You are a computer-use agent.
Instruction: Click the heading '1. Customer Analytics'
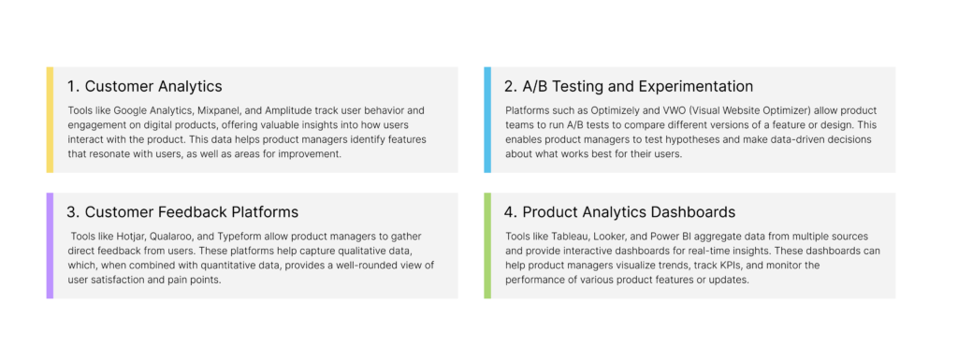pos(145,87)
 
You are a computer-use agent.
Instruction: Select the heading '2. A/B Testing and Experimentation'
pos(629,87)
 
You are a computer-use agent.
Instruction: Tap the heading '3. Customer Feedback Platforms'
pos(182,212)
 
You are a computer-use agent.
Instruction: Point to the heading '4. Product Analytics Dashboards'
pos(620,212)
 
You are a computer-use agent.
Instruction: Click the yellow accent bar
pos(51,120)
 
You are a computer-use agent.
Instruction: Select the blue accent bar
pos(487,120)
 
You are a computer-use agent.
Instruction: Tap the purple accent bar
pos(51,245)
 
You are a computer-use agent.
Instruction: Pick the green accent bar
pos(487,245)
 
